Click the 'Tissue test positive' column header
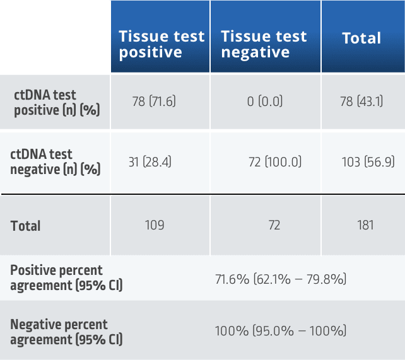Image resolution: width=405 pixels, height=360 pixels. [161, 44]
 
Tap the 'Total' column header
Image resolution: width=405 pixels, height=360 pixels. [361, 38]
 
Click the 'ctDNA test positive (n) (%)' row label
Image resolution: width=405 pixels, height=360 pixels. [45, 102]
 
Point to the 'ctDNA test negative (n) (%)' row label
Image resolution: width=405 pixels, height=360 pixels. [42, 161]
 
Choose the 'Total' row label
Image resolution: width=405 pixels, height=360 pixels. [26, 226]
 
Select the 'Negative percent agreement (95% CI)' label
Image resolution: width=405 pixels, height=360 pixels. [59, 332]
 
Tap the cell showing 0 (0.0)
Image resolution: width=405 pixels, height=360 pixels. [265, 102]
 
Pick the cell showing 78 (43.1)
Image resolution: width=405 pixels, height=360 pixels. [361, 102]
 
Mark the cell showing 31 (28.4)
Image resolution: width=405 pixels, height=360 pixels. [150, 162]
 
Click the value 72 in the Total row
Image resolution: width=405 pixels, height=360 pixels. [274, 225]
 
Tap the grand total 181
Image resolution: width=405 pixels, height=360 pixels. [364, 225]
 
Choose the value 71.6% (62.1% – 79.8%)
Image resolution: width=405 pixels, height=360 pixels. [280, 278]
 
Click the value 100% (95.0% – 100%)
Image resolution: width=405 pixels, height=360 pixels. [280, 331]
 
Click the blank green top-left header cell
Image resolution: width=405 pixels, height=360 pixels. [55, 37]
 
